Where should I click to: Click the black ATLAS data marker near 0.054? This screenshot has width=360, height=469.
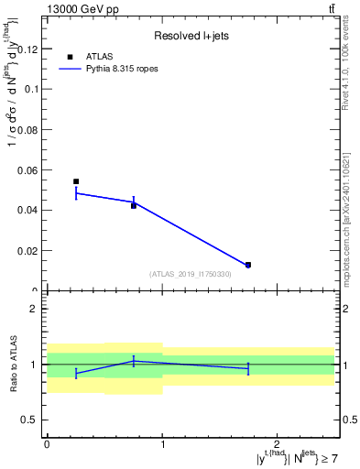[76, 181]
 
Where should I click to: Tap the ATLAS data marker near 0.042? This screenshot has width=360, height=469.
[134, 205]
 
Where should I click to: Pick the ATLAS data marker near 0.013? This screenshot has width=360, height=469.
[248, 265]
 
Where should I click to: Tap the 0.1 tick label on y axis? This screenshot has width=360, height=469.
[32, 90]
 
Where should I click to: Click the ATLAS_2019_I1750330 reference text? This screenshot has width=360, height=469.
[191, 274]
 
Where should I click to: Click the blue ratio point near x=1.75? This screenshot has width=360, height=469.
[248, 368]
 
